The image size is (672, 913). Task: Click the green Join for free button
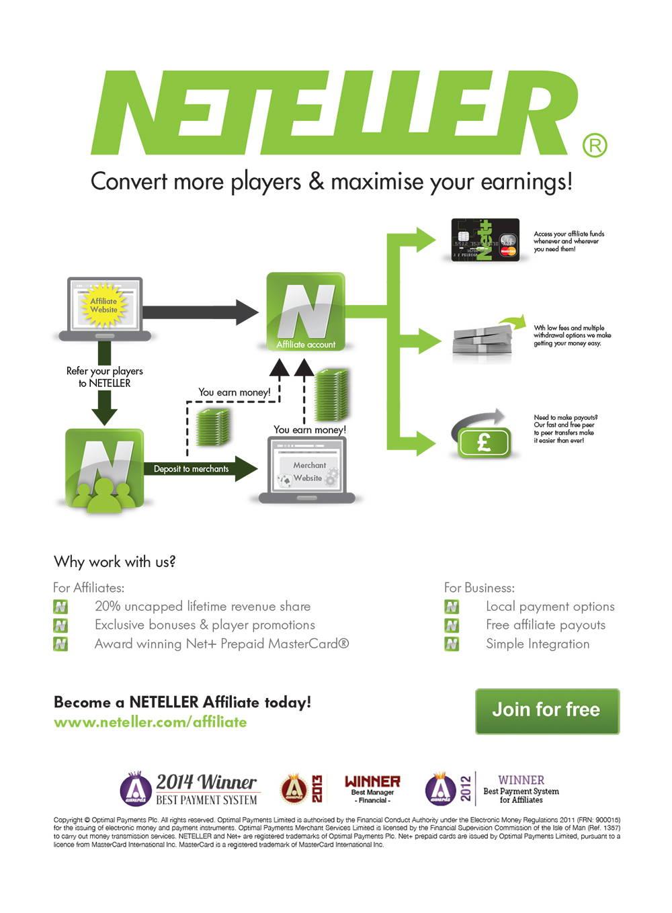point(547,710)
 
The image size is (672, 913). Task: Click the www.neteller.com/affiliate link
point(150,722)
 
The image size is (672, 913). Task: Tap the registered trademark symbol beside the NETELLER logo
point(594,145)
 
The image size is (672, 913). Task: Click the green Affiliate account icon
point(306,312)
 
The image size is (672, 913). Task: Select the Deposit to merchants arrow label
point(191,469)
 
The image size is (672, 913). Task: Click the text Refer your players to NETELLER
point(104,377)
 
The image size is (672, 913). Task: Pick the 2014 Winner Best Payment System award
point(190,789)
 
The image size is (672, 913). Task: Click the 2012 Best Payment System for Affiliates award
point(493,789)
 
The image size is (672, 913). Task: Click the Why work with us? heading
point(114,562)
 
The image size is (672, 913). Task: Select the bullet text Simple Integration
point(538,644)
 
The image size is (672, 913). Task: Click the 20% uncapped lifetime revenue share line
point(202,606)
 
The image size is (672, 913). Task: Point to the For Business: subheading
point(479,588)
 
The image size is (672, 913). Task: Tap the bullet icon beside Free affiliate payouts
point(452,625)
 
